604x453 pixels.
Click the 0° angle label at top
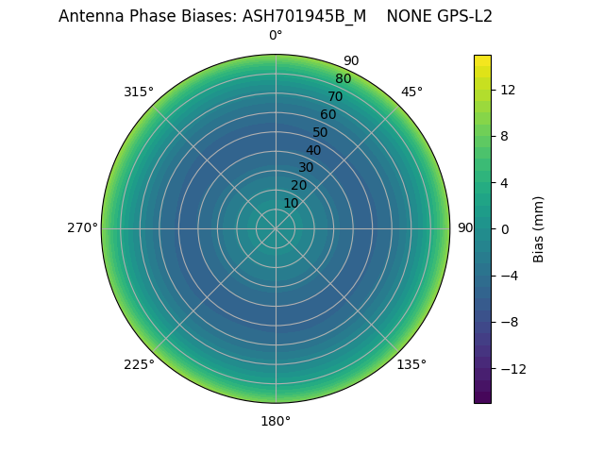(x=276, y=36)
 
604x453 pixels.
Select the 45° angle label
(x=411, y=92)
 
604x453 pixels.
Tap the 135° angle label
(x=411, y=364)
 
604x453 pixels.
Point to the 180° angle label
(x=276, y=421)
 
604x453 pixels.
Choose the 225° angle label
(x=139, y=364)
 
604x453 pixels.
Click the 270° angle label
(x=82, y=228)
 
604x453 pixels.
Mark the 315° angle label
(x=139, y=92)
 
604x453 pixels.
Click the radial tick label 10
(x=291, y=203)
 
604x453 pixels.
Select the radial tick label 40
(x=313, y=150)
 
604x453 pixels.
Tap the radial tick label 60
(x=327, y=115)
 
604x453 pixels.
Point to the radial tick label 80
(x=343, y=79)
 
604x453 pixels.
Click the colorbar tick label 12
(x=508, y=90)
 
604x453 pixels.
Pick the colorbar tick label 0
(x=504, y=229)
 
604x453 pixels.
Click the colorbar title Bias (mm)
(x=539, y=229)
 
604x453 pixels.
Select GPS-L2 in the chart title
(x=462, y=16)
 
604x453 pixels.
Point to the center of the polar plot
(x=276, y=228)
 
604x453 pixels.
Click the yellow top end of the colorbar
(x=482, y=59)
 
